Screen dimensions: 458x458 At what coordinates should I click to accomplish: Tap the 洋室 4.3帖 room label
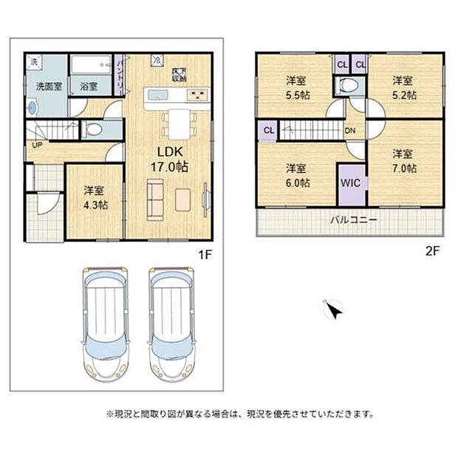(x=95, y=197)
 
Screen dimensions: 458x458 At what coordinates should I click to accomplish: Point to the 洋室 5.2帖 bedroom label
(x=403, y=87)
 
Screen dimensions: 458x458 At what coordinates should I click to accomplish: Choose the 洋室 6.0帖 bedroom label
(x=298, y=175)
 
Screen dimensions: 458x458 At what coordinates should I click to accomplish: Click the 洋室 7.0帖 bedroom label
(x=403, y=161)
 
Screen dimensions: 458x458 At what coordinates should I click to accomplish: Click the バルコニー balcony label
(x=354, y=220)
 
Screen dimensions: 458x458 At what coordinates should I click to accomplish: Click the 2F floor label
(x=432, y=250)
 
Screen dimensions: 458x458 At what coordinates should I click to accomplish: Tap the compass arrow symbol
(x=334, y=310)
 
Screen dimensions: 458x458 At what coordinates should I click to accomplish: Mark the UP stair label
(x=36, y=145)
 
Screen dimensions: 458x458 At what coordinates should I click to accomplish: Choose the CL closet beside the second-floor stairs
(x=267, y=131)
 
